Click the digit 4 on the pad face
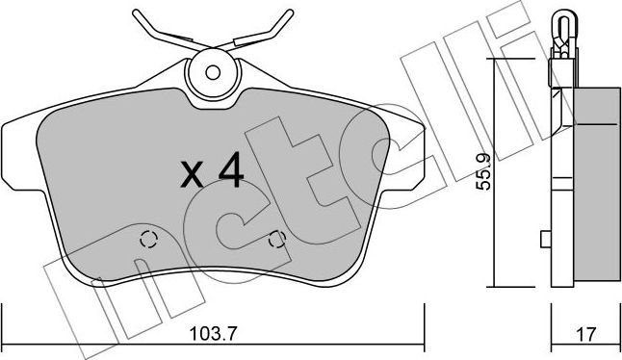click(x=229, y=172)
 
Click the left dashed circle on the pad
click(x=147, y=241)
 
